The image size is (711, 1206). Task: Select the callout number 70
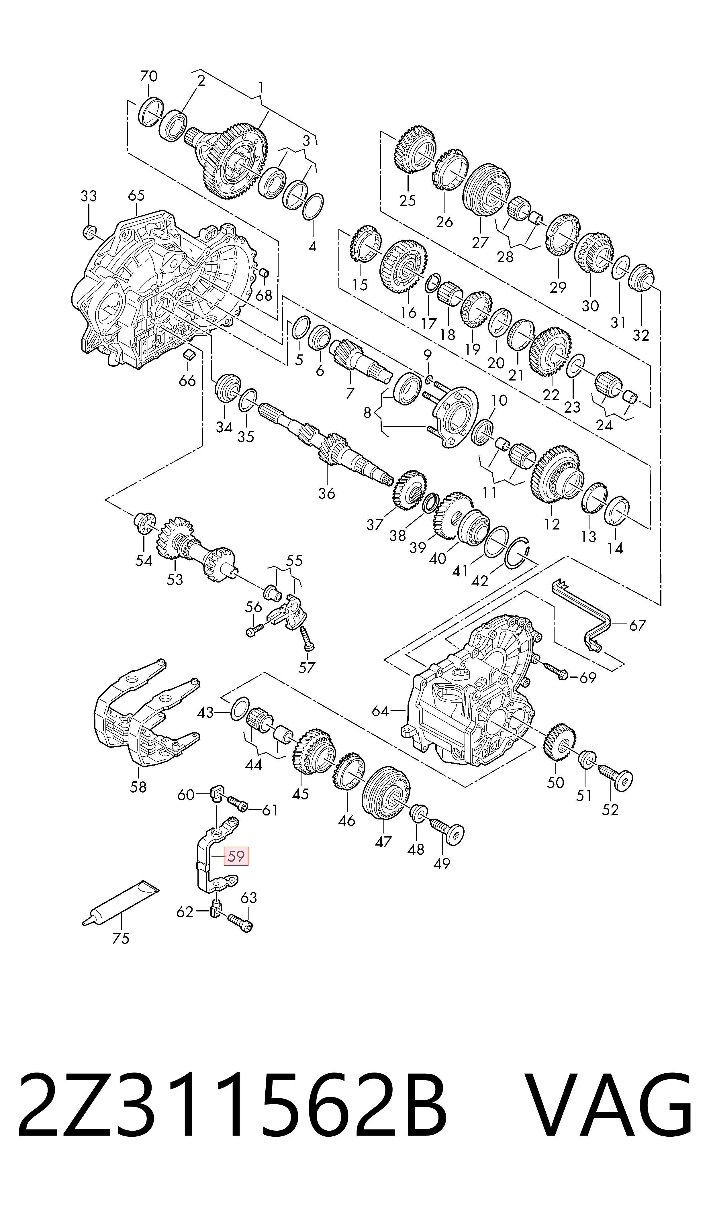point(148,76)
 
